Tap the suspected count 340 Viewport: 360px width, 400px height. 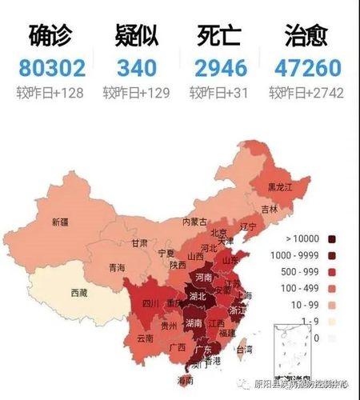[136, 68]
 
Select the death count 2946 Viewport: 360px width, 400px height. [222, 68]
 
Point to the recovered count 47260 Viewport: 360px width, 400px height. [308, 68]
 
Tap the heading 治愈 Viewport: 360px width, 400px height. [308, 37]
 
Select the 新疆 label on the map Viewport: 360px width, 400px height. [60, 222]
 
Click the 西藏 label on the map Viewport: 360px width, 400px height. [79, 293]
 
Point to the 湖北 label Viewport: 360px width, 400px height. [197, 296]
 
